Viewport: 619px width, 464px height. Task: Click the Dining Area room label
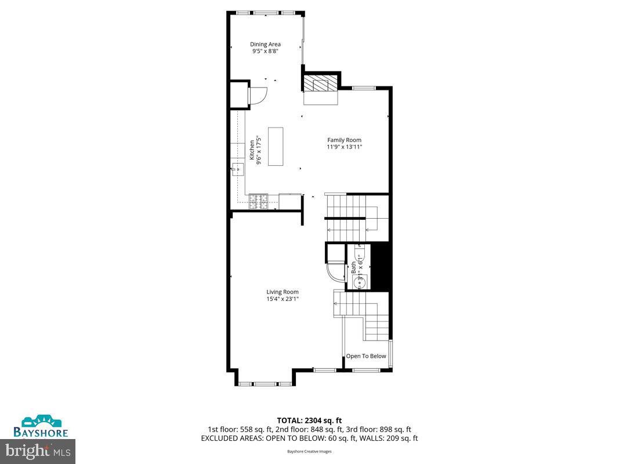pos(266,44)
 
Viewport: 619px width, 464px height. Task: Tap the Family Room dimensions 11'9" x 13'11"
pos(344,147)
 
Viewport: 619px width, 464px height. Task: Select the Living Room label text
pos(283,292)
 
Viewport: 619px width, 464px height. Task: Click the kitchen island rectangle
pos(276,146)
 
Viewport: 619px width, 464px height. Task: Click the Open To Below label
pos(366,356)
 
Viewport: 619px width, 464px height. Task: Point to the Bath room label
pos(353,269)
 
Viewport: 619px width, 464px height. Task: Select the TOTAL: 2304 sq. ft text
pos(309,420)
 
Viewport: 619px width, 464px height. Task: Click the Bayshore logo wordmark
pos(41,432)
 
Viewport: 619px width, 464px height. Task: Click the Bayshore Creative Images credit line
pos(309,451)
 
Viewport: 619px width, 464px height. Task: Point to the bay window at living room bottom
pos(266,383)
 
